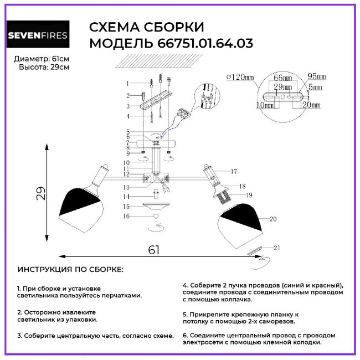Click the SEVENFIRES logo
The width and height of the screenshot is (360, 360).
38,36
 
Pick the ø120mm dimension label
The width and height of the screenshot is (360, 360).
239,78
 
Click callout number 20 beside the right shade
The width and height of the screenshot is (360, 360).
272,219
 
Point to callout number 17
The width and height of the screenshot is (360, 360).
234,171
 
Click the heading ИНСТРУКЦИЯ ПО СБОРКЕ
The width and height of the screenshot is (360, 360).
71,269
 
